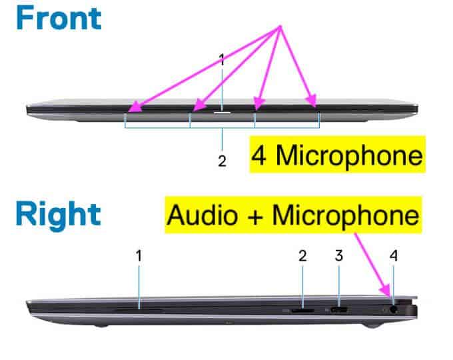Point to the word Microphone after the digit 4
coord(348,155)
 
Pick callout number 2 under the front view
coord(222,161)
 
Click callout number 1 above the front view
coord(222,59)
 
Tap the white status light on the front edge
coord(222,113)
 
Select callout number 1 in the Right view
coord(139,255)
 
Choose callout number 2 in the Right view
coord(302,255)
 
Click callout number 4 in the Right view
coord(393,255)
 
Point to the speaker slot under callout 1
coord(139,309)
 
